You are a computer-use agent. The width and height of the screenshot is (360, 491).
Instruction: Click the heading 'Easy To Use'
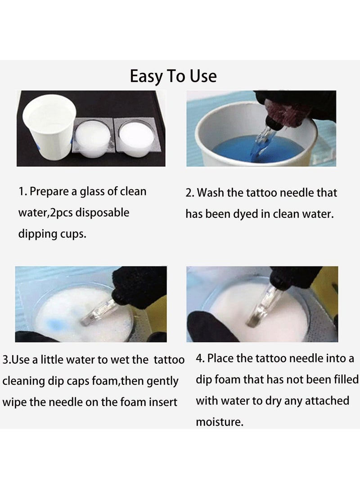[x=173, y=77]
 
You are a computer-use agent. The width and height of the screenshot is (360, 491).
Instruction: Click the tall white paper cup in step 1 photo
[x=49, y=127]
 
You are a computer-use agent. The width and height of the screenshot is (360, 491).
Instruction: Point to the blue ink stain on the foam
[x=55, y=324]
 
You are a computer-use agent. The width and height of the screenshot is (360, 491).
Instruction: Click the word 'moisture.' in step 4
[x=220, y=422]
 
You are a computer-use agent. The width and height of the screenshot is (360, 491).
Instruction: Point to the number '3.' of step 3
[x=7, y=360]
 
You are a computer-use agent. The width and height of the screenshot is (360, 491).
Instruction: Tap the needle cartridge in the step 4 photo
[x=265, y=306]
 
